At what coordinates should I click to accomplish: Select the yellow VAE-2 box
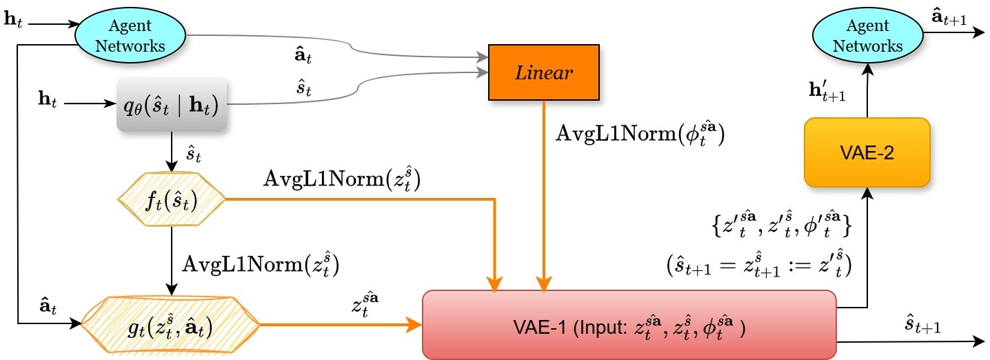click(x=867, y=153)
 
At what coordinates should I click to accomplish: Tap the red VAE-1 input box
click(x=628, y=324)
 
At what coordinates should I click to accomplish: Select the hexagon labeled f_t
click(x=172, y=201)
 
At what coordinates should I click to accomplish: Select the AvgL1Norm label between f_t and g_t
click(x=260, y=264)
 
